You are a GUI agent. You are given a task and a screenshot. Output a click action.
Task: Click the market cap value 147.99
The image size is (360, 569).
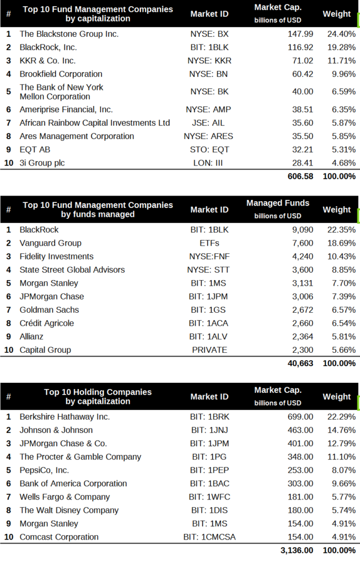click(301, 34)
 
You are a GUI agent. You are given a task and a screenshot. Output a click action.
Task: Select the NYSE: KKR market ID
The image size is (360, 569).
click(209, 61)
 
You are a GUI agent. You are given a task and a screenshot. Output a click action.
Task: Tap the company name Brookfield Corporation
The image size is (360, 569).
click(61, 74)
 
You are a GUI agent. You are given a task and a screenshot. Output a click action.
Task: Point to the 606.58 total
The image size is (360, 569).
click(301, 176)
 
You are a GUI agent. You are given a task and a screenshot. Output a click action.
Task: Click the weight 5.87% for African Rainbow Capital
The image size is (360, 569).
click(344, 123)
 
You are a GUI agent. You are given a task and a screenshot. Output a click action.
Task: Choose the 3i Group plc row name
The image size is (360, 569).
click(42, 163)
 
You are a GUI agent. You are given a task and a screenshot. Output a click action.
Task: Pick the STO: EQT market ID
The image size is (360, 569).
click(209, 149)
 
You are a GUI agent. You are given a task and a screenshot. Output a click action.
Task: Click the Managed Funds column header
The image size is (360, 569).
click(278, 203)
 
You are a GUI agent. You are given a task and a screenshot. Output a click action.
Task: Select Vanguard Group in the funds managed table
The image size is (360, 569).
click(51, 243)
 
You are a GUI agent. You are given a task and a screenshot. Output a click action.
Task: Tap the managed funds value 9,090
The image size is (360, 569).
click(303, 230)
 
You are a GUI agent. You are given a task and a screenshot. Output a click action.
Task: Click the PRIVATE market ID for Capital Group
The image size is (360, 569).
click(209, 350)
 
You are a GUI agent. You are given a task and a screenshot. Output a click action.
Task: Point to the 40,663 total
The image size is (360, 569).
click(301, 363)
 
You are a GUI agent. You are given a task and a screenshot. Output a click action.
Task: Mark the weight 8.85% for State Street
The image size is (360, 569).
click(344, 270)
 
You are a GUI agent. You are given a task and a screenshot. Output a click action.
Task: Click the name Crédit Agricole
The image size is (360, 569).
click(47, 323)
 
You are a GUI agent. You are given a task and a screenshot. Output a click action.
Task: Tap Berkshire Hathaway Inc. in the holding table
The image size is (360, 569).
click(64, 417)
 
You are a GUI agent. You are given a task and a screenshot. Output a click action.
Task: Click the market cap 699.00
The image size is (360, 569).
click(301, 417)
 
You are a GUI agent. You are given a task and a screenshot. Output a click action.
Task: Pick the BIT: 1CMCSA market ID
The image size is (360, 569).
click(209, 537)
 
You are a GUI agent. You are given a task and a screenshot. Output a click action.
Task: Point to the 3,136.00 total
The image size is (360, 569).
click(297, 551)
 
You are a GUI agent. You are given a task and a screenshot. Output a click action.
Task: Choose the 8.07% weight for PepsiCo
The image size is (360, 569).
click(344, 470)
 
